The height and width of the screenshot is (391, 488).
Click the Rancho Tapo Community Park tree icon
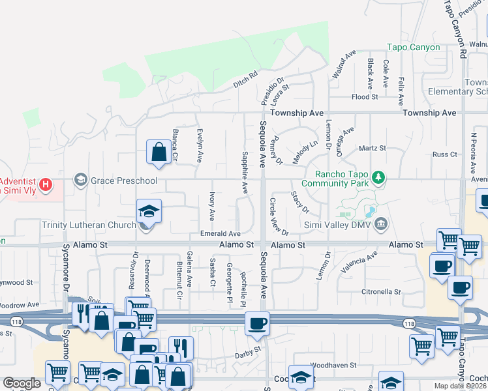[x=377, y=177]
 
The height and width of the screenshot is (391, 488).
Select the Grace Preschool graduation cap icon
[x=81, y=180]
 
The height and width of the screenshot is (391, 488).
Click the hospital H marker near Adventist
[x=45, y=185]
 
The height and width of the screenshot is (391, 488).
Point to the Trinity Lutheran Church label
[x=89, y=225]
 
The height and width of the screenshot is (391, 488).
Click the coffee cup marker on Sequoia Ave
[x=257, y=323]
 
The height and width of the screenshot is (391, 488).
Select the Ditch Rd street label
[x=246, y=80]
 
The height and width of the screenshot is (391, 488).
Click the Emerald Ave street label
[x=221, y=233]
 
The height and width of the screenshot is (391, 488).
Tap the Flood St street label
[x=365, y=97]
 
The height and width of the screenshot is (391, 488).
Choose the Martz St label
[x=373, y=149]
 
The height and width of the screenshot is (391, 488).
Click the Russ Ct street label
[x=445, y=154]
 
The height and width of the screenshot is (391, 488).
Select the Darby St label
[x=248, y=350]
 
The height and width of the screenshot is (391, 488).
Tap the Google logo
[x=22, y=383]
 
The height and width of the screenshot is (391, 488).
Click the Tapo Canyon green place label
[x=414, y=47]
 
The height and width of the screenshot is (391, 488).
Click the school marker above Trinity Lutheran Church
[x=149, y=211]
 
